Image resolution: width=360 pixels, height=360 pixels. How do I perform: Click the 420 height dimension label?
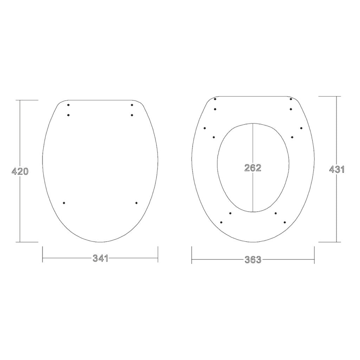point(20,172)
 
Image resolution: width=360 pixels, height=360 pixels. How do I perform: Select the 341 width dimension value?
point(100,258)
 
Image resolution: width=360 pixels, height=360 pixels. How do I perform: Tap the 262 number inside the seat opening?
point(253,168)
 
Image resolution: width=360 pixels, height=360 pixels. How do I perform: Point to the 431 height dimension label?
point(336,169)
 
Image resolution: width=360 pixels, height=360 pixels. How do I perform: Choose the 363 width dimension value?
point(253,260)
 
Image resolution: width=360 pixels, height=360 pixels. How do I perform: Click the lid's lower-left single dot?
point(64,203)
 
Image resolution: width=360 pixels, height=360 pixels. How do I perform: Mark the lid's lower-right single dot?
point(136,203)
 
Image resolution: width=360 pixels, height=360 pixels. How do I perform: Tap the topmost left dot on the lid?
point(68,105)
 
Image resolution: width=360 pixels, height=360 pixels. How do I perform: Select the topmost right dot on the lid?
point(132,105)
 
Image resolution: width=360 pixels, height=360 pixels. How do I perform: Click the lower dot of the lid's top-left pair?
point(68,115)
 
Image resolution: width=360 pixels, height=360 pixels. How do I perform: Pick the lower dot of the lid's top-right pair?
point(132,115)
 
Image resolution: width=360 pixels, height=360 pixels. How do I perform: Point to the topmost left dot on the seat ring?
point(215,99)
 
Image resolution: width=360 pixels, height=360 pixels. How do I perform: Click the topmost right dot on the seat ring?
point(291,99)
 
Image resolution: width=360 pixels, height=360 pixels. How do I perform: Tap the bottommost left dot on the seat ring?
point(221,222)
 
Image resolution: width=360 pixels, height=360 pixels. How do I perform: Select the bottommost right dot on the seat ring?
point(285,222)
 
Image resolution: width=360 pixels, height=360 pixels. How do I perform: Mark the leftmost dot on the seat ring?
point(205,128)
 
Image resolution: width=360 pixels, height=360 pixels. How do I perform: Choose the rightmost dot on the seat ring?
point(301,128)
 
